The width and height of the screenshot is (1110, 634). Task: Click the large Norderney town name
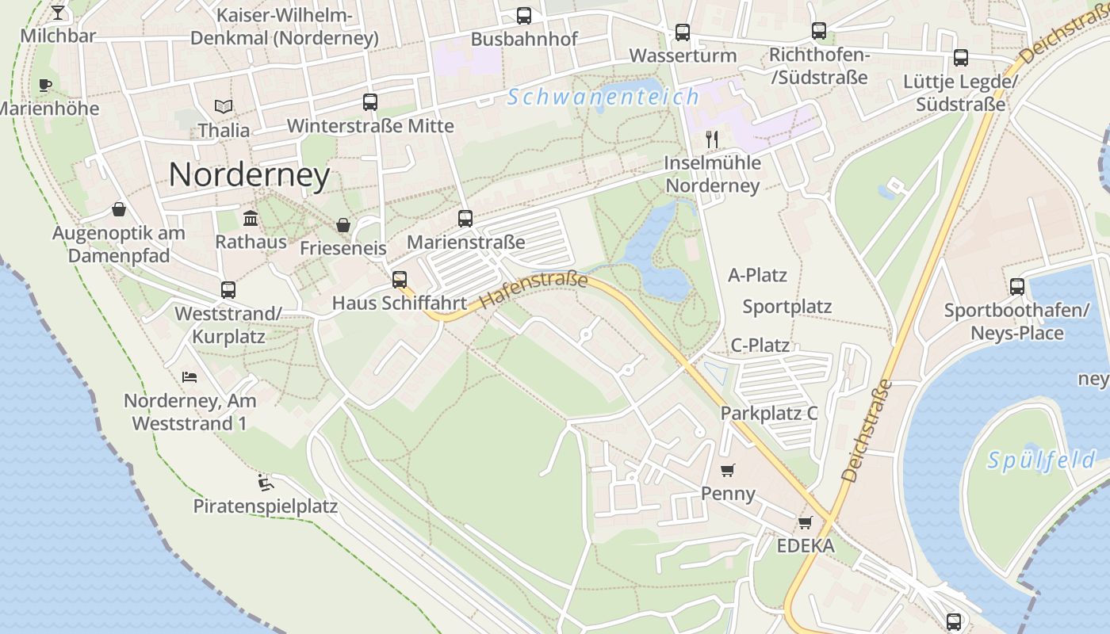[x=249, y=175]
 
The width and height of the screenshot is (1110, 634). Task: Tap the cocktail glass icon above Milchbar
[x=58, y=13]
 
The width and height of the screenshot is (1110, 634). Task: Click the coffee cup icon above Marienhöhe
[x=45, y=85]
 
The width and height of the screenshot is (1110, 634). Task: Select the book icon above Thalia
[x=224, y=106]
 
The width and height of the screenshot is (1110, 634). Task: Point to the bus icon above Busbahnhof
[x=523, y=15]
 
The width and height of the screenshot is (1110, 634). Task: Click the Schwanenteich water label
[x=603, y=97]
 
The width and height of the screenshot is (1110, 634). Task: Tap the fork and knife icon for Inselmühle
[x=712, y=139]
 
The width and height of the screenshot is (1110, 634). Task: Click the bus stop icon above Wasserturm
[x=683, y=32]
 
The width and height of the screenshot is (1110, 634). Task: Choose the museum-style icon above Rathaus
[x=251, y=218]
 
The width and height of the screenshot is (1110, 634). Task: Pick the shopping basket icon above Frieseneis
[x=343, y=225]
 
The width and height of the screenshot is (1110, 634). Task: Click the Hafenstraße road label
[x=534, y=291]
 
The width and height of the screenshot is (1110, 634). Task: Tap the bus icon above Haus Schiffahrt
[x=400, y=279]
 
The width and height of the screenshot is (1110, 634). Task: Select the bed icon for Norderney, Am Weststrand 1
[x=189, y=376]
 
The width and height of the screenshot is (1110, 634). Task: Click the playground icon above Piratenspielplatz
[x=266, y=482]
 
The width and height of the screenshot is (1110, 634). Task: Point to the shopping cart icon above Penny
[x=728, y=470]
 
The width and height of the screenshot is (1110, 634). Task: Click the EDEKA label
[x=805, y=546]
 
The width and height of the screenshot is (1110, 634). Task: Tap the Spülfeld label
[x=1041, y=460]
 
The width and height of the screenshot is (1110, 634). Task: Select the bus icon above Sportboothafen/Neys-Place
[x=1016, y=287]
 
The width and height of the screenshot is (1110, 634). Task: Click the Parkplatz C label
[x=768, y=414]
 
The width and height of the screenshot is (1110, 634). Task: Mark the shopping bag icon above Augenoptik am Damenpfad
[x=118, y=209]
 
